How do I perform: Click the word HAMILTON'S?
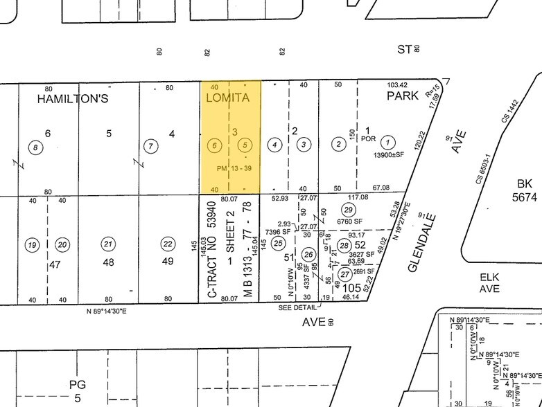coord(73,98)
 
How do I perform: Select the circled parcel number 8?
coord(34,146)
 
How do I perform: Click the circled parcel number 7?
coord(149,145)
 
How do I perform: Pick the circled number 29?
coord(349,210)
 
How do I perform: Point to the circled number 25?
coord(279,242)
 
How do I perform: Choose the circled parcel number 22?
coord(167,243)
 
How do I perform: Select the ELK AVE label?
coord(490,282)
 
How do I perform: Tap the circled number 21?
coord(107,243)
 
